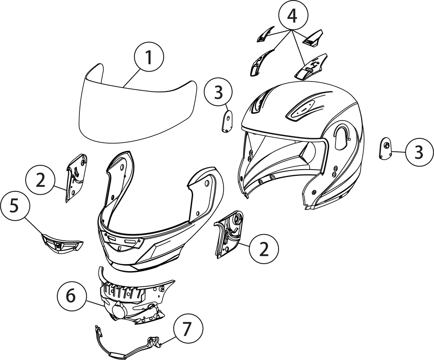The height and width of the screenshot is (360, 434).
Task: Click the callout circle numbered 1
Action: point(149,58)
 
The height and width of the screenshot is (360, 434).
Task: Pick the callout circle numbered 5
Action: point(15,206)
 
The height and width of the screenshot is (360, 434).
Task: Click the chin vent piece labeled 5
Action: point(62,243)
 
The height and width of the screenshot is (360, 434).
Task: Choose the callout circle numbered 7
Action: point(188,329)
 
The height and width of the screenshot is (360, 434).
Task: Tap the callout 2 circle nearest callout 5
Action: point(40,181)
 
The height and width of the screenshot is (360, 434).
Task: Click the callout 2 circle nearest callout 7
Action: point(264,249)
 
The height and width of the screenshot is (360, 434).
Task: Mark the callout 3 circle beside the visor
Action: point(218,92)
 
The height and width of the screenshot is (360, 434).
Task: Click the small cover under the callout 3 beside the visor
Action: point(227,121)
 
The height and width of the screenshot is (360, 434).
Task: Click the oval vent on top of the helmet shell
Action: point(301,110)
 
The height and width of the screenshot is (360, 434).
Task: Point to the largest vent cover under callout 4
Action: point(311,66)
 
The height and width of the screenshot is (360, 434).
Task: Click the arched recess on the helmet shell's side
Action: point(342,137)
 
